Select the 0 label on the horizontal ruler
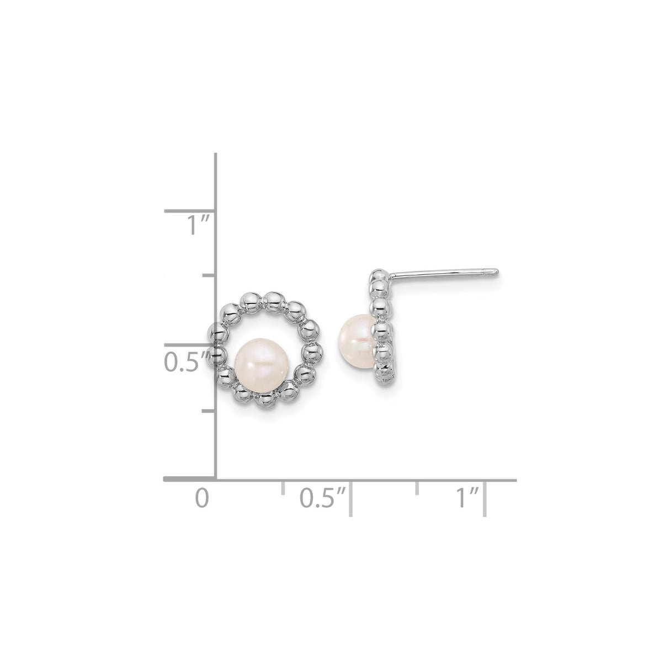pyautogui.click(x=203, y=498)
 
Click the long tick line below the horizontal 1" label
pyautogui.click(x=485, y=499)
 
